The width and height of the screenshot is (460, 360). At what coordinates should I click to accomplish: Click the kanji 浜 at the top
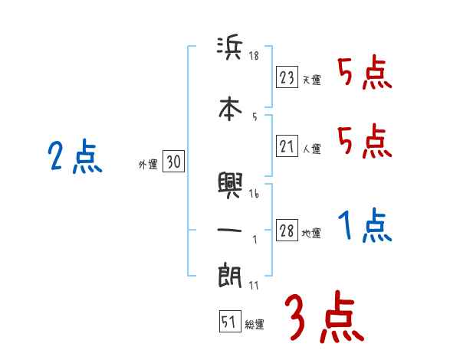tap(230, 49)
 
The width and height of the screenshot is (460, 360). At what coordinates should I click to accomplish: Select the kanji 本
tap(230, 108)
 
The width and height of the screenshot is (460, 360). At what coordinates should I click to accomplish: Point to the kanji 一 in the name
tap(230, 231)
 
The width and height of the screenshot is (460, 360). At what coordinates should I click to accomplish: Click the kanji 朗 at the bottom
tap(230, 277)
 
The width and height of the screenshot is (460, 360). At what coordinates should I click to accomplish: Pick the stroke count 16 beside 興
tap(255, 195)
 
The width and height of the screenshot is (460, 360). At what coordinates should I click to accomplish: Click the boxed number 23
tap(287, 77)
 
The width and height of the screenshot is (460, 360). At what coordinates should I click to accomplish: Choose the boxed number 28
tap(287, 231)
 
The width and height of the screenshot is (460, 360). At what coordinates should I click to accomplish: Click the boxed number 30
tap(173, 162)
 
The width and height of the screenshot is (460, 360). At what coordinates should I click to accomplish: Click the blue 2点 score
tap(74, 159)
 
